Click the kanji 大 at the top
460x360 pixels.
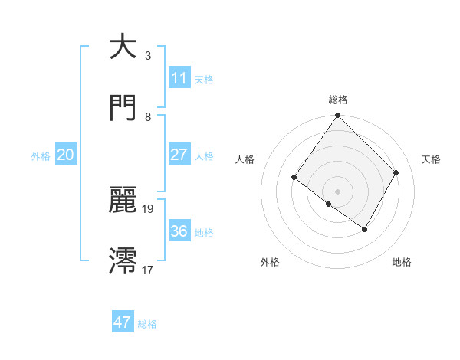123,47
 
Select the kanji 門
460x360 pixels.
123,108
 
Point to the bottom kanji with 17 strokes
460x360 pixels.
123,260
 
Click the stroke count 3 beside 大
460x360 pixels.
148,56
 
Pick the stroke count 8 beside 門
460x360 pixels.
148,117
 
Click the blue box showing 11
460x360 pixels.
179,78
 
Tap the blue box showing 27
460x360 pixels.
179,155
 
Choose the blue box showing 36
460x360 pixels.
179,231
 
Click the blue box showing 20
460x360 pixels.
65,155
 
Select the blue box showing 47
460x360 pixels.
123,322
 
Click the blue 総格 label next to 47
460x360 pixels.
147,324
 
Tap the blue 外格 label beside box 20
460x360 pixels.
41,156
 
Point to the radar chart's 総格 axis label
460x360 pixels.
338,100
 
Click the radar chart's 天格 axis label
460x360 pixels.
431,159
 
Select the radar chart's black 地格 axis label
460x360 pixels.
402,262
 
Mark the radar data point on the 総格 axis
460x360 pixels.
337,116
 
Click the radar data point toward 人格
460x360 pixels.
294,177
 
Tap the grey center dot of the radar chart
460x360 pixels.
337,191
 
